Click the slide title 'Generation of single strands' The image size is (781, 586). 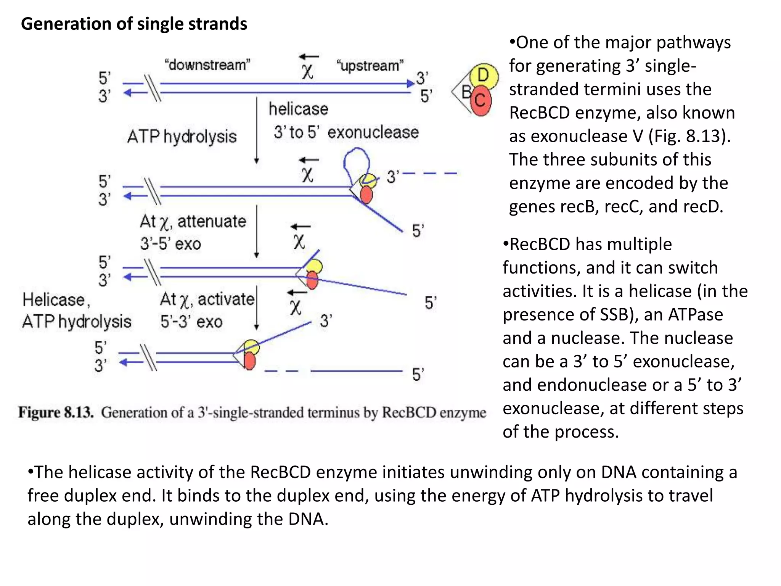(134, 24)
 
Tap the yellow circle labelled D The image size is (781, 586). (483, 76)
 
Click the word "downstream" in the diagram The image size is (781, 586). (207, 65)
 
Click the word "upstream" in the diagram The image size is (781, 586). (370, 66)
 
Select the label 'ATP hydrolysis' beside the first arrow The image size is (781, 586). (182, 137)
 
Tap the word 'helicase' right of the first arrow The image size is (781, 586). (298, 109)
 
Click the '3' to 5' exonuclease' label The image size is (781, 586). (346, 132)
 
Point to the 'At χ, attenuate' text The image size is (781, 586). (193, 221)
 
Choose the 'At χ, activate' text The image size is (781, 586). (207, 299)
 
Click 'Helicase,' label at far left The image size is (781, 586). (56, 300)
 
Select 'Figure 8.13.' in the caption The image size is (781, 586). (56, 412)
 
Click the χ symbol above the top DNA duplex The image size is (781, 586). (307, 71)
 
